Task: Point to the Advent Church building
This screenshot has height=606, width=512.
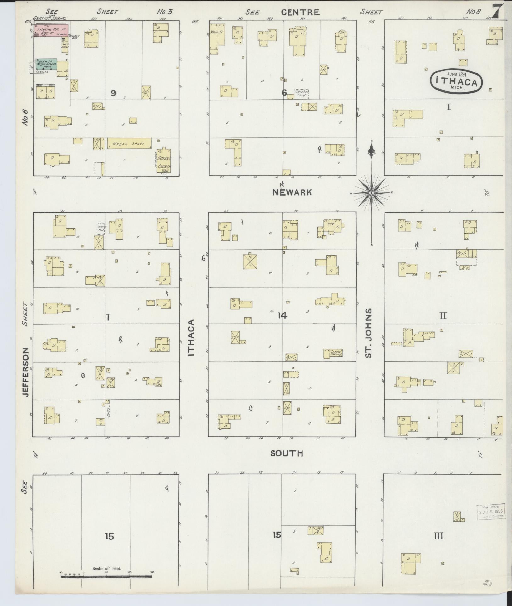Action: tap(164, 160)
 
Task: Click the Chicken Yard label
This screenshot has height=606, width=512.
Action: tap(302, 93)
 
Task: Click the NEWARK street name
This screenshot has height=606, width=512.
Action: tap(292, 192)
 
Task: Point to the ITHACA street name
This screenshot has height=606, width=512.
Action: tap(191, 338)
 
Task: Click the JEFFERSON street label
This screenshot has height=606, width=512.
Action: tap(26, 372)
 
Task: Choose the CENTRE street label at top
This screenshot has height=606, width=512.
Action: tap(300, 12)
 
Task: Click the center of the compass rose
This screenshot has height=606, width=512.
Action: tap(371, 192)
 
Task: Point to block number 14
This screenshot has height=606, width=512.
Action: tap(282, 315)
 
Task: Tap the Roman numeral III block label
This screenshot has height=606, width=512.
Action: tap(438, 536)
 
